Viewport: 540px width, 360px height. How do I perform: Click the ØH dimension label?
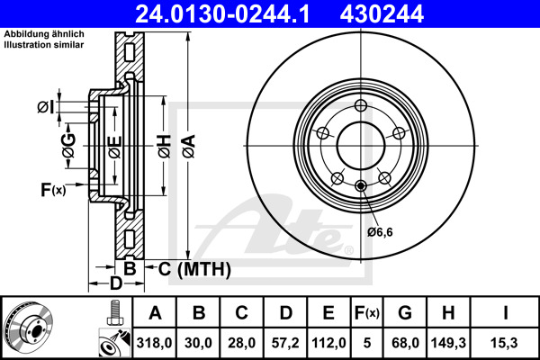[163, 143]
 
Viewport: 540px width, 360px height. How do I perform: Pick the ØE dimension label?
[113, 143]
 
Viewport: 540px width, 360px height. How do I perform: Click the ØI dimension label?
[46, 108]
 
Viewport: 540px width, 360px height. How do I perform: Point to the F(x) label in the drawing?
[53, 189]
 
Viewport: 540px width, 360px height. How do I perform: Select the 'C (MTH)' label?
[193, 269]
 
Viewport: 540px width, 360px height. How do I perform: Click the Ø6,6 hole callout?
[380, 232]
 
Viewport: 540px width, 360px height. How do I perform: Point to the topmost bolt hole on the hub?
[361, 107]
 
